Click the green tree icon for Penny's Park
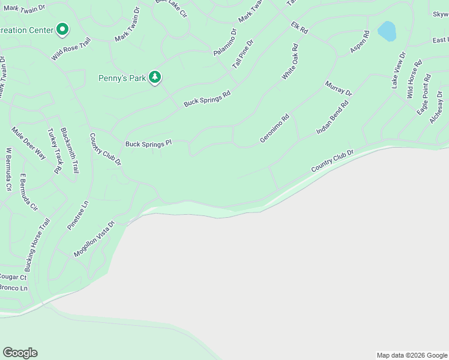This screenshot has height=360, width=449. (x=155, y=77)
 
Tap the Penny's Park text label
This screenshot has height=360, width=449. (x=122, y=78)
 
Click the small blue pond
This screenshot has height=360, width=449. (x=387, y=31)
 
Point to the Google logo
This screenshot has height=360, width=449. (x=20, y=353)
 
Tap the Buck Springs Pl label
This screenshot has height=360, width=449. (x=148, y=144)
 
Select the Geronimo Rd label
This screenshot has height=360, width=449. (x=274, y=128)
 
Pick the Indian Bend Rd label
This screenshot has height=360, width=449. (x=332, y=118)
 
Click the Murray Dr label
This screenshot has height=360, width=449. (x=339, y=88)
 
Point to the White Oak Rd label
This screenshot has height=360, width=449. (x=290, y=62)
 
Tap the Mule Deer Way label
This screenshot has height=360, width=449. (x=28, y=143)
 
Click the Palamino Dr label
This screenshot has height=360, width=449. (x=225, y=43)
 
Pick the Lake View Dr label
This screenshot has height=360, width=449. (x=399, y=70)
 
